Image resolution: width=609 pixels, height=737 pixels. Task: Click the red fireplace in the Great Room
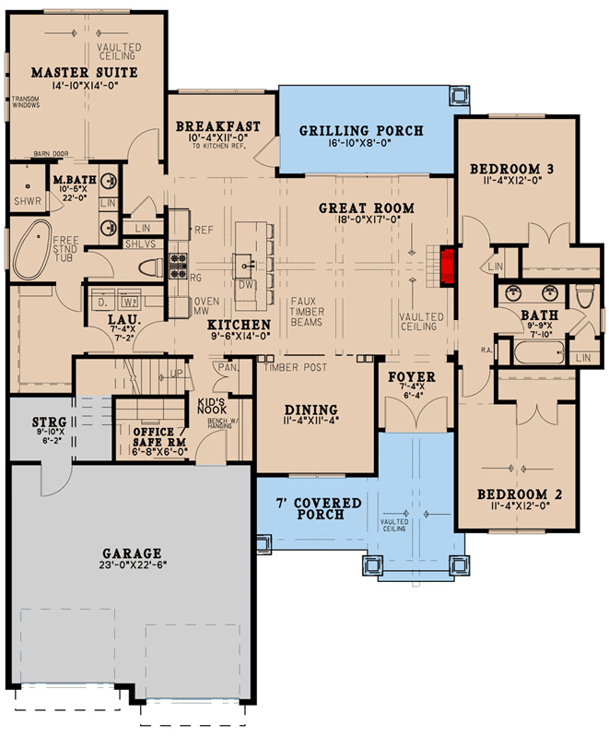click(447, 266)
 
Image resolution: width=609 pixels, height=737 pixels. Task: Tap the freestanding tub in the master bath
click(32, 249)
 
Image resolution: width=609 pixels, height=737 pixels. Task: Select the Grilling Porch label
click(361, 130)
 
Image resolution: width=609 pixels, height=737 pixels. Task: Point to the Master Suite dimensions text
click(85, 86)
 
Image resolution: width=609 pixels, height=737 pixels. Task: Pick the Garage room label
click(132, 553)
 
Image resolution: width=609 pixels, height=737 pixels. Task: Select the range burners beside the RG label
click(178, 266)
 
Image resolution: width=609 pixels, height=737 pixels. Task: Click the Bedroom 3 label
click(512, 168)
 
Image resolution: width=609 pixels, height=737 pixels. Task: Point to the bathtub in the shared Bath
click(539, 352)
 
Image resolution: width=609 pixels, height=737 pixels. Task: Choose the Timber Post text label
click(296, 367)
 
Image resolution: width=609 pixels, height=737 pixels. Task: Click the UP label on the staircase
click(177, 374)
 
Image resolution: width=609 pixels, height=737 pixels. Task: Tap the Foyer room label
click(412, 377)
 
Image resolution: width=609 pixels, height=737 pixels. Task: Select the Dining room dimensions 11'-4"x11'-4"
click(310, 422)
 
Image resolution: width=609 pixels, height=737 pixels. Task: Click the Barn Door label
click(52, 154)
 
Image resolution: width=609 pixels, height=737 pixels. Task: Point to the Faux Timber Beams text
click(307, 311)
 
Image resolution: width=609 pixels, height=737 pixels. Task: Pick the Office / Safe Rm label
click(159, 436)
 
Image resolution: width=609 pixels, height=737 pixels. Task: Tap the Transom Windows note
click(26, 102)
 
